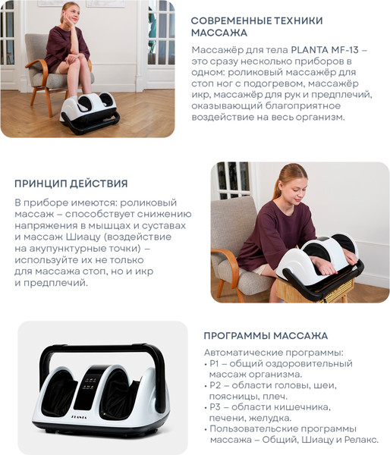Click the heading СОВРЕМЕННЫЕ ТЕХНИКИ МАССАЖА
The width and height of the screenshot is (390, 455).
click(x=256, y=27)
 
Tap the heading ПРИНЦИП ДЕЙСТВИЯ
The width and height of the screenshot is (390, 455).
click(x=71, y=184)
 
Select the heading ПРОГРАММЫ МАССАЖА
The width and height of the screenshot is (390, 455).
click(x=266, y=336)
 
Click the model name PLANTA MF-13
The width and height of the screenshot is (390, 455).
click(x=325, y=50)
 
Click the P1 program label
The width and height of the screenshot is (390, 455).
click(x=214, y=363)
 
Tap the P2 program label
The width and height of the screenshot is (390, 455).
click(x=215, y=385)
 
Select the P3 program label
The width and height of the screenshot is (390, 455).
click(x=215, y=407)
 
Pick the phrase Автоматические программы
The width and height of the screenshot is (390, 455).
click(x=273, y=353)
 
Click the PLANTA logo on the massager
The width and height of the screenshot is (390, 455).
click(x=79, y=417)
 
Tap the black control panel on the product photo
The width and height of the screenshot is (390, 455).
click(x=89, y=387)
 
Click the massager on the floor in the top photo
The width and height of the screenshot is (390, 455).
click(x=90, y=112)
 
